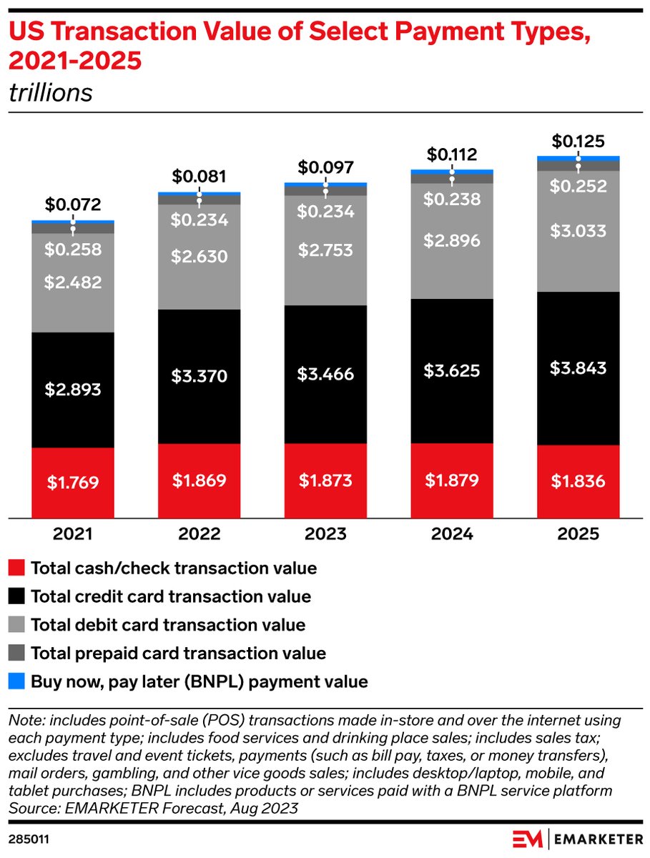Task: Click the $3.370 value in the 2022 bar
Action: pyautogui.click(x=200, y=376)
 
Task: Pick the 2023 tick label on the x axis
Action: pyautogui.click(x=325, y=534)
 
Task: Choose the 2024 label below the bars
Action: pyautogui.click(x=451, y=534)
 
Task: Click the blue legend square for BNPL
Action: pyautogui.click(x=18, y=681)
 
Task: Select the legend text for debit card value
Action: pyautogui.click(x=167, y=624)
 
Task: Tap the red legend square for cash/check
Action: pyautogui.click(x=18, y=568)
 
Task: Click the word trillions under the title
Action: pyautogui.click(x=50, y=93)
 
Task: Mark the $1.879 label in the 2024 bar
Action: pyautogui.click(x=451, y=479)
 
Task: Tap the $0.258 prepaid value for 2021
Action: pyautogui.click(x=73, y=250)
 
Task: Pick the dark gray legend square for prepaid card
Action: pyautogui.click(x=18, y=653)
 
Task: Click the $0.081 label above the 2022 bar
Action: pyautogui.click(x=200, y=176)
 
